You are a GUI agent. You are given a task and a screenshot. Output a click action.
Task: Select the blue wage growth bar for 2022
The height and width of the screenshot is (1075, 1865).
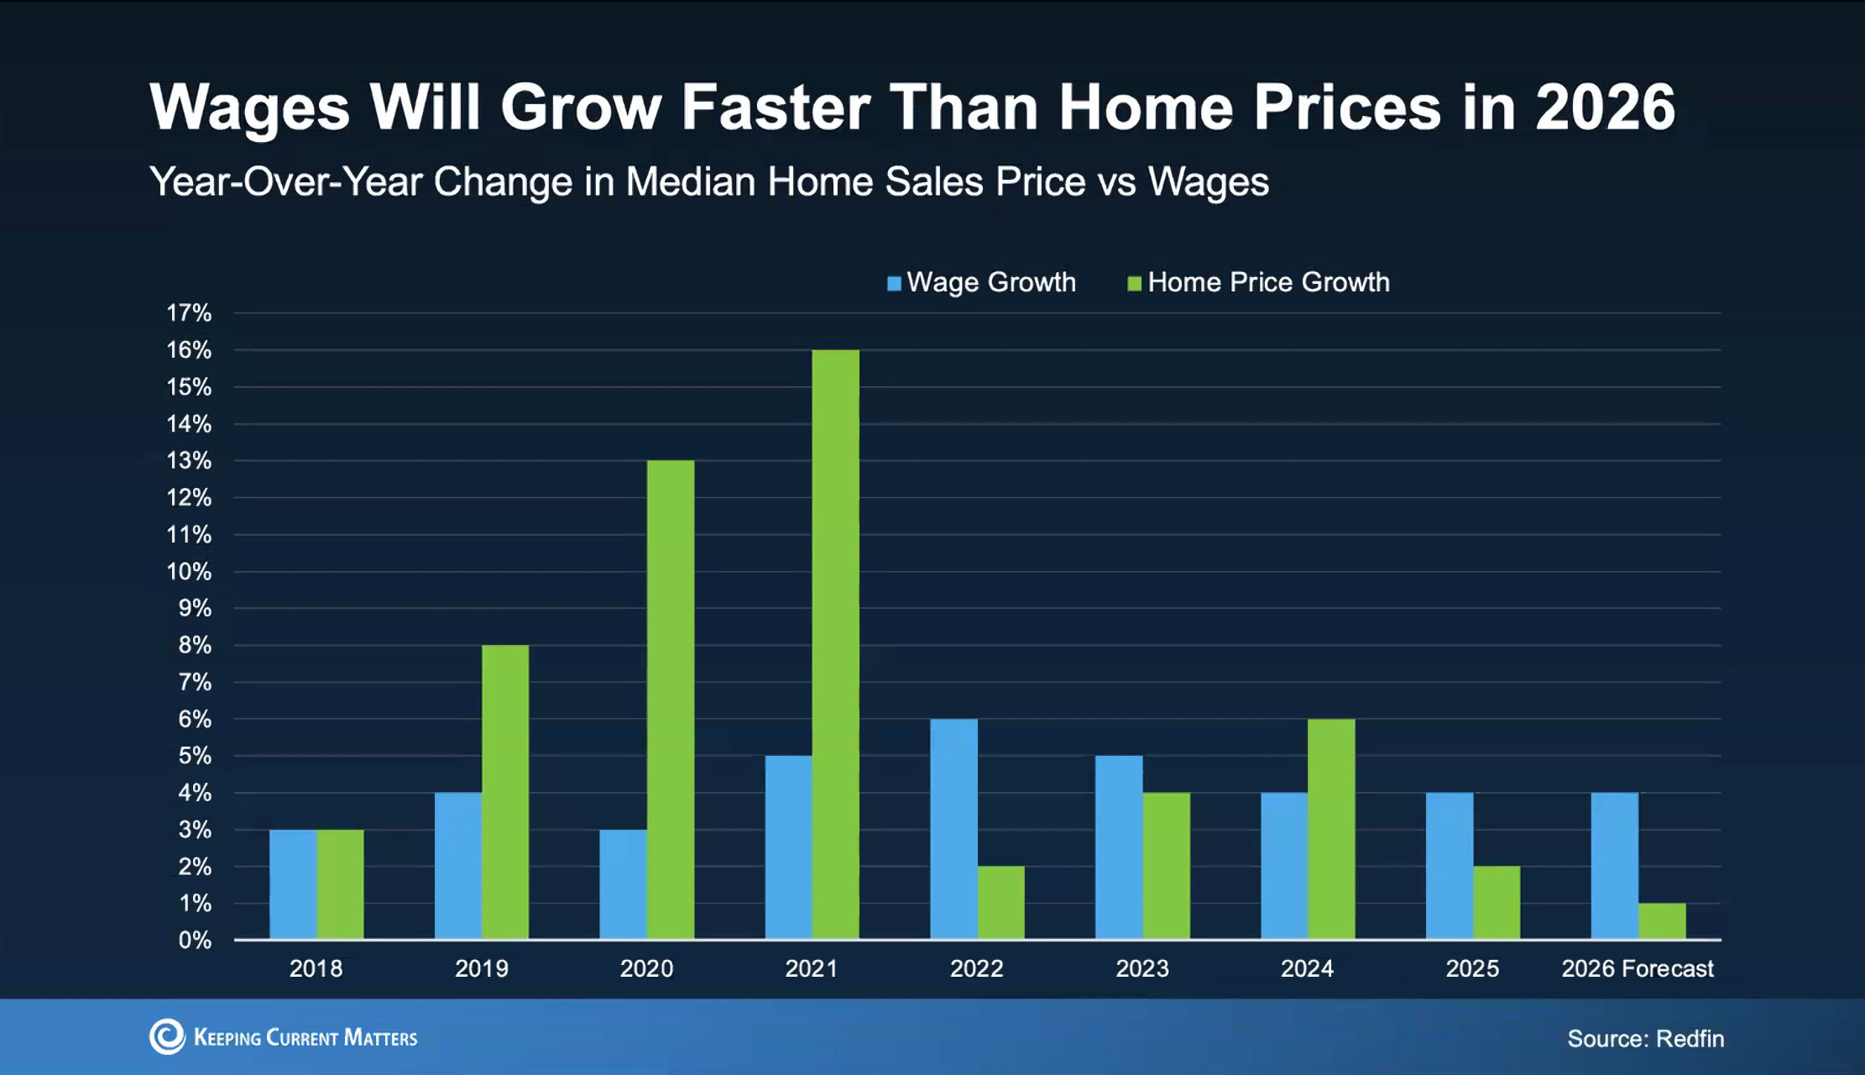953,829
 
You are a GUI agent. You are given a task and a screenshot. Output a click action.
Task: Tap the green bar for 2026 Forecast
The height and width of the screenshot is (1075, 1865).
1662,921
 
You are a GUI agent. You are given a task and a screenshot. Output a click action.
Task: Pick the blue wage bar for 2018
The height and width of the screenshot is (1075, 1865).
293,884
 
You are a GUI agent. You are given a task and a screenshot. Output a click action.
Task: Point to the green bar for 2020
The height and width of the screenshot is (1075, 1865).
671,700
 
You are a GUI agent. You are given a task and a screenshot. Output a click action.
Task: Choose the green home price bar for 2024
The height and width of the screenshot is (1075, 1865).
1331,829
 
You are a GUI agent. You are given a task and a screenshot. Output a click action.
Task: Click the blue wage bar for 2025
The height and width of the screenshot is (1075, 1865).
1449,866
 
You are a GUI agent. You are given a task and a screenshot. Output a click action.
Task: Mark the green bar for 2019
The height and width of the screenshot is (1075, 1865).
505,792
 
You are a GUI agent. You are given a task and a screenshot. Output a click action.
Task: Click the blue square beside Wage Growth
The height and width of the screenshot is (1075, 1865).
894,283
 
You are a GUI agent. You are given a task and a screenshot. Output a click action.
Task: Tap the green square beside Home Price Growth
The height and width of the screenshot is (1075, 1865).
1134,283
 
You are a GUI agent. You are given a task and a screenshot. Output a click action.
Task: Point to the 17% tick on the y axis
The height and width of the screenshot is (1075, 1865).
189,313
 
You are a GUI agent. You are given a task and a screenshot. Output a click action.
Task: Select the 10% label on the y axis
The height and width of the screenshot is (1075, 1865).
189,572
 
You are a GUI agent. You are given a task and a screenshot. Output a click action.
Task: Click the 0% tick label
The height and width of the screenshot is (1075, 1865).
195,941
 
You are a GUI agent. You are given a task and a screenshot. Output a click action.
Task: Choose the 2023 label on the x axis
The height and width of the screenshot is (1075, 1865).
1141,968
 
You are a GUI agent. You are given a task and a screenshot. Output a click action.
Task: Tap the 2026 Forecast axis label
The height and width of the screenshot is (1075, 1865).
1637,968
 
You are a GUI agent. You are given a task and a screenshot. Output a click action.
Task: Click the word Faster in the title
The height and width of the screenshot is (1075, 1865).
776,107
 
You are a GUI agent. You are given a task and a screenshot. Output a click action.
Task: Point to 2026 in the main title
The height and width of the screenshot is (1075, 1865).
1605,107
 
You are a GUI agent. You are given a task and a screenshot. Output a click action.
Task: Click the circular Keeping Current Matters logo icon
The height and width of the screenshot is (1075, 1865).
167,1037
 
